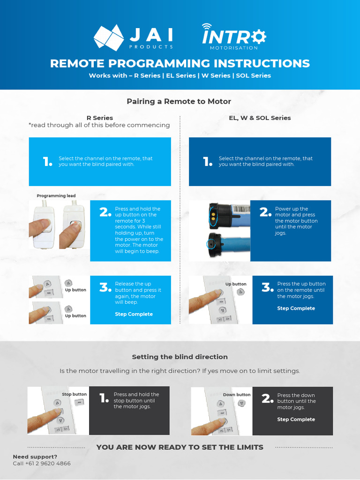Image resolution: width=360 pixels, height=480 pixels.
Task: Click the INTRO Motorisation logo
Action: pos(233,37)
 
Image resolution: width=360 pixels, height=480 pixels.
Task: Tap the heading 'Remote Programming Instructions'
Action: pos(180,63)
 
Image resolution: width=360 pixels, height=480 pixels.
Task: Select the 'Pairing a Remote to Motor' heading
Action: pos(179,101)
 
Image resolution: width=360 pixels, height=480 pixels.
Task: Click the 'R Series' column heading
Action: pos(99,118)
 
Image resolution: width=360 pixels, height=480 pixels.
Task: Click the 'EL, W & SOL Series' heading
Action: pos(260,118)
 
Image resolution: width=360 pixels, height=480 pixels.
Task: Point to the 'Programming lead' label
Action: pos(56,196)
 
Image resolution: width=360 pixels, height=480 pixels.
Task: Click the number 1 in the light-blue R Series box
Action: pos(47,162)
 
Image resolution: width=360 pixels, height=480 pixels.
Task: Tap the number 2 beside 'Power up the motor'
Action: pos(265,212)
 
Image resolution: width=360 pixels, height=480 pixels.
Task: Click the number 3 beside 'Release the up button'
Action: pos(105,287)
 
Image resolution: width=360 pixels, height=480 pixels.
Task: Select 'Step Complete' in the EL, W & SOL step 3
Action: pos(296,308)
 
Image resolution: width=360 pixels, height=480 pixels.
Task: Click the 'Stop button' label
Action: pos(74,394)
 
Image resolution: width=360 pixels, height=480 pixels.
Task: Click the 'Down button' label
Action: pos(237,395)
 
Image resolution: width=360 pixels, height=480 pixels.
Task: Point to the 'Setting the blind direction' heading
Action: pos(180,357)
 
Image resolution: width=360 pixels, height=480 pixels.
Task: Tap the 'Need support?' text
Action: pos(35,457)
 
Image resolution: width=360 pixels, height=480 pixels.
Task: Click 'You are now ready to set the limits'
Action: pos(180,447)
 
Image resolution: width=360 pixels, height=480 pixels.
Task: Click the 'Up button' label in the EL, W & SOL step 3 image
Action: pos(236,284)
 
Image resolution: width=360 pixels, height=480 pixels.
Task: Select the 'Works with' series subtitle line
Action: pos(180,75)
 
